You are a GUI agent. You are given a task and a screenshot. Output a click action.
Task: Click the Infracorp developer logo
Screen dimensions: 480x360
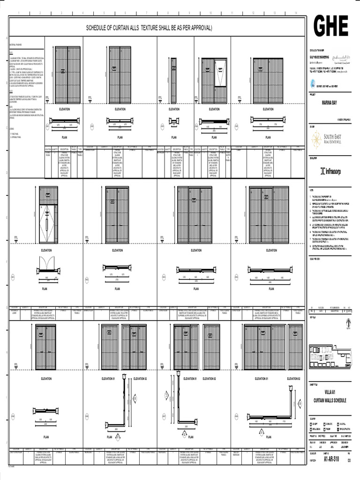(330, 171)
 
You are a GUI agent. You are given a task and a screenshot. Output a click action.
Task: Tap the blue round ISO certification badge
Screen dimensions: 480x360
(313, 84)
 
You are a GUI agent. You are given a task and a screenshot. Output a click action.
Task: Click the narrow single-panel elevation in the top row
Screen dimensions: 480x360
(174, 80)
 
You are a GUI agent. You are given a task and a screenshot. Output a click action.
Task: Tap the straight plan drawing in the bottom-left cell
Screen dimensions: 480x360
(46, 413)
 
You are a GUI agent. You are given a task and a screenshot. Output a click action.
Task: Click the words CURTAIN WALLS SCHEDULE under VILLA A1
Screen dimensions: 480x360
(330, 401)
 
